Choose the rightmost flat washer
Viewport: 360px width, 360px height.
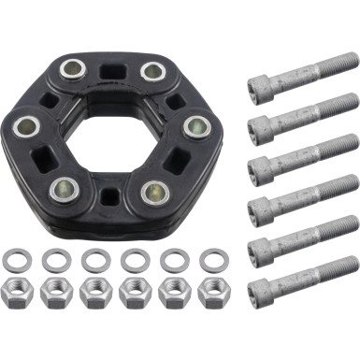213,259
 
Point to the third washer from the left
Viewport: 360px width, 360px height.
94,259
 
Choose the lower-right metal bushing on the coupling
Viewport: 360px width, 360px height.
153,192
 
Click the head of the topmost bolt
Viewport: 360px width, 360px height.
262,86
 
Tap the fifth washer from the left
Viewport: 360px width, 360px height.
174,259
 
